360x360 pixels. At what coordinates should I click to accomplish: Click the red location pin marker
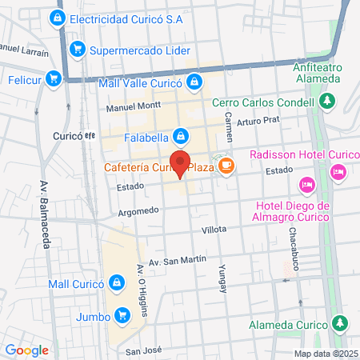tap(180, 162)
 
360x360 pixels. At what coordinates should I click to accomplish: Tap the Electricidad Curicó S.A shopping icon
tap(57, 18)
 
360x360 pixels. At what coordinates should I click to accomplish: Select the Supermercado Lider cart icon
tap(78, 50)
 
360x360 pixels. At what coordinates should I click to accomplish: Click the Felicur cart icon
tap(54, 78)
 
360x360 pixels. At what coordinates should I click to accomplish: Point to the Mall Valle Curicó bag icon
tap(195, 81)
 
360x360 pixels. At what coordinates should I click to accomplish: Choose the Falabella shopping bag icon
tap(182, 136)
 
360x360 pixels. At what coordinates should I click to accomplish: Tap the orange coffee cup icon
tap(227, 165)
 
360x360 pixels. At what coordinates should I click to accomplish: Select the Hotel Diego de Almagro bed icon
tap(306, 186)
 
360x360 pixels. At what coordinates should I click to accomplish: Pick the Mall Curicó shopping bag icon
tap(118, 283)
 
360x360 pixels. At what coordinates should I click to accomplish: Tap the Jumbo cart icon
tap(122, 314)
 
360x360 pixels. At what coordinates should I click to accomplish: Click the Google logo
tap(26, 350)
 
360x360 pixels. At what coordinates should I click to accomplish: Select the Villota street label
tap(214, 229)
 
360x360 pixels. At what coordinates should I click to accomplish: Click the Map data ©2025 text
tap(325, 353)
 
